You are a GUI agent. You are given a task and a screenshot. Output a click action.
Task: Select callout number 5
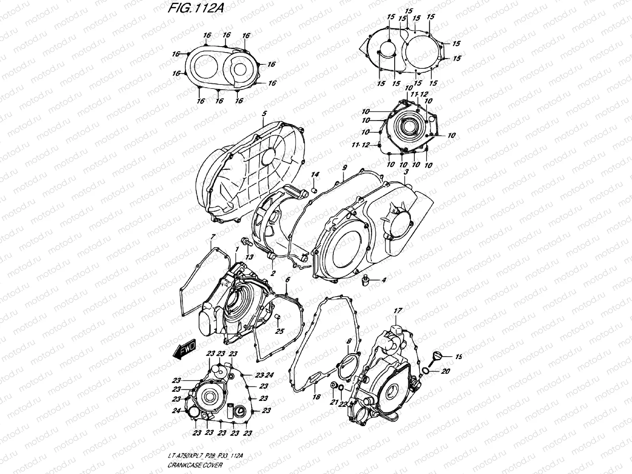tap(264, 114)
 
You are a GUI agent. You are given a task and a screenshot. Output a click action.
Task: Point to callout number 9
tap(344, 168)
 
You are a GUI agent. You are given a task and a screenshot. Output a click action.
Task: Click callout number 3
tap(406, 172)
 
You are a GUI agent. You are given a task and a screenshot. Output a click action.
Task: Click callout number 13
tap(249, 257)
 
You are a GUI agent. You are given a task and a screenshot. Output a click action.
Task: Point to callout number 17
tap(397, 311)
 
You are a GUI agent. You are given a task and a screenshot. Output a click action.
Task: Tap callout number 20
tap(446, 371)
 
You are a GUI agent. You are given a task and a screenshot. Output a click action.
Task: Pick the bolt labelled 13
tap(245, 242)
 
